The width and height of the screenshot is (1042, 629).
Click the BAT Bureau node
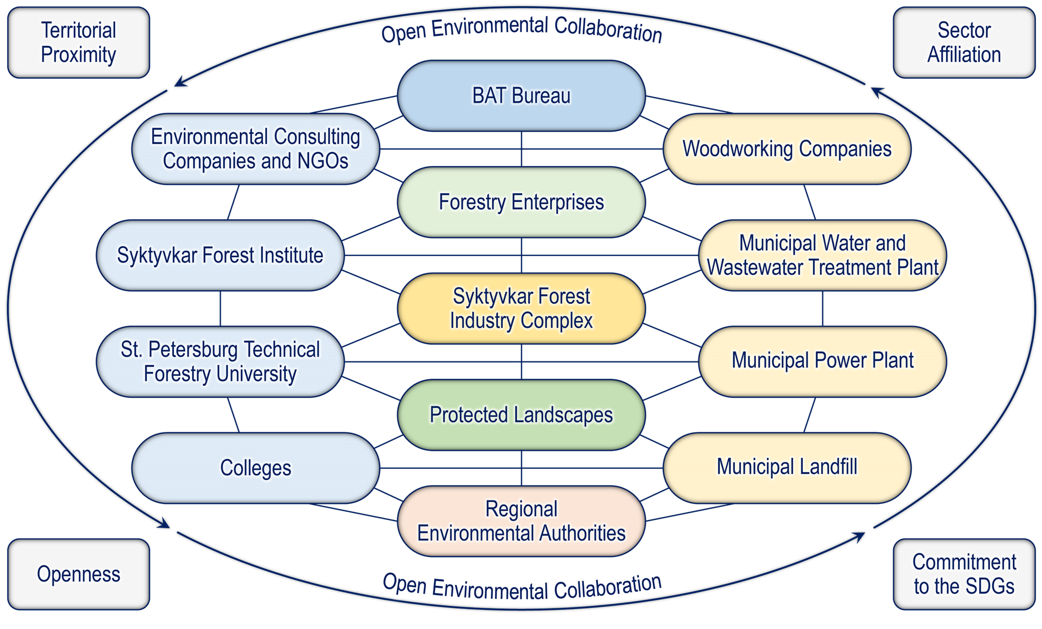tap(521, 96)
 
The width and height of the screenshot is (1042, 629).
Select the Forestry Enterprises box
tap(521, 202)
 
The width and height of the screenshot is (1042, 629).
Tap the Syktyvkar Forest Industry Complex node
tap(521, 308)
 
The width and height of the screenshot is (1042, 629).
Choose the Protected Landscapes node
tap(521, 414)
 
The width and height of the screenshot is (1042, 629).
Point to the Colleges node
tap(255, 468)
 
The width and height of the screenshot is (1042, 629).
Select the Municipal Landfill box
tap(787, 468)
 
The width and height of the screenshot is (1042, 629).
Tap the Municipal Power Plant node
tap(822, 361)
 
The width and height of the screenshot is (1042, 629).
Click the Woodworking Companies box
tap(787, 149)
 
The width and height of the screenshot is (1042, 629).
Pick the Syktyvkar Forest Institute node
tap(220, 255)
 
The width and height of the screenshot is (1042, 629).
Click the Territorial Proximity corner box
tap(79, 42)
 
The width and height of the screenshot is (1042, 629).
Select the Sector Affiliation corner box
tap(964, 42)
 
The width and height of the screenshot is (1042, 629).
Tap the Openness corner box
tap(79, 574)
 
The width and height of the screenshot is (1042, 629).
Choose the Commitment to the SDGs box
tap(964, 574)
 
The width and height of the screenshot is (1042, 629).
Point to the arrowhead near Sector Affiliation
tap(878, 91)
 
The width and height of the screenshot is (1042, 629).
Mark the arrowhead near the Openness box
tap(164, 524)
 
